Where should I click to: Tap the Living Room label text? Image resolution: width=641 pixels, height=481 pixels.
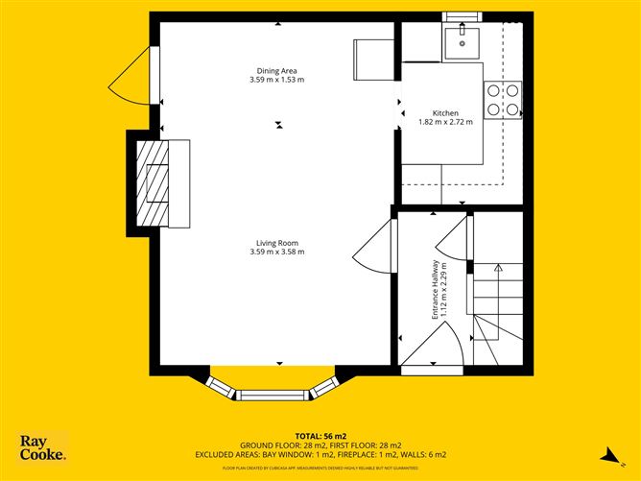point(276,243)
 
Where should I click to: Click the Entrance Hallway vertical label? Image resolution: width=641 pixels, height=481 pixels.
point(435,289)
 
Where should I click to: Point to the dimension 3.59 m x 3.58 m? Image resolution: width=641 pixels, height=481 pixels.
point(276,253)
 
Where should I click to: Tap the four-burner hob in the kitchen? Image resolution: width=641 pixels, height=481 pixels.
point(504,99)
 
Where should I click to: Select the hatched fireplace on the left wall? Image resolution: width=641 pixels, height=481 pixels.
point(151,182)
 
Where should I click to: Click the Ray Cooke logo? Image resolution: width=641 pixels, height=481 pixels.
point(43,447)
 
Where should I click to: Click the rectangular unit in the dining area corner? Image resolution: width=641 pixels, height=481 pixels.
point(373,60)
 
